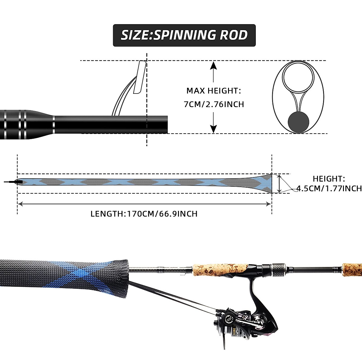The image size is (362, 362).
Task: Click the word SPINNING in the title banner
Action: (184, 35)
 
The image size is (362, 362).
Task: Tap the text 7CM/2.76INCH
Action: (214, 104)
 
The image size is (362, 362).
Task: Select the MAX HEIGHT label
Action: (214, 91)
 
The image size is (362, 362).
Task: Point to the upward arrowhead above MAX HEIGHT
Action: (213, 65)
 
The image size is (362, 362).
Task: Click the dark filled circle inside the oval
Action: (299, 122)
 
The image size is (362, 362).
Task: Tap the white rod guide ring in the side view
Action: (140, 77)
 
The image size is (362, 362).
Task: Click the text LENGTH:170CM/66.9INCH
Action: (144, 214)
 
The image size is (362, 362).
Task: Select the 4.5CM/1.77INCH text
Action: (329, 189)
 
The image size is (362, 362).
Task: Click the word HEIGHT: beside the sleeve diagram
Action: (329, 179)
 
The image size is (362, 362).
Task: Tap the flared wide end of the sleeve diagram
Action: (265, 183)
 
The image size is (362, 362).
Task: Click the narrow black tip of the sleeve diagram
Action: (12, 182)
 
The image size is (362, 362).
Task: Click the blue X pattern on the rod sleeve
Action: (87, 273)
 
